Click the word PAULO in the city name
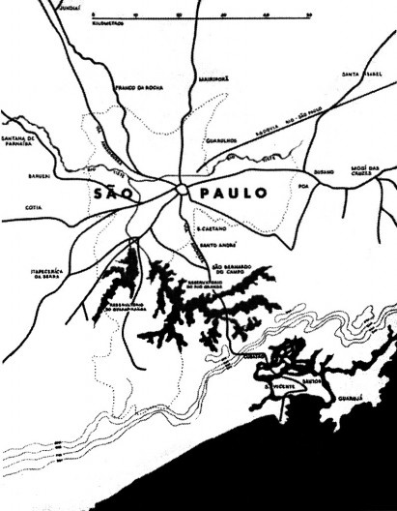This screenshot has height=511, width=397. [232, 194]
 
